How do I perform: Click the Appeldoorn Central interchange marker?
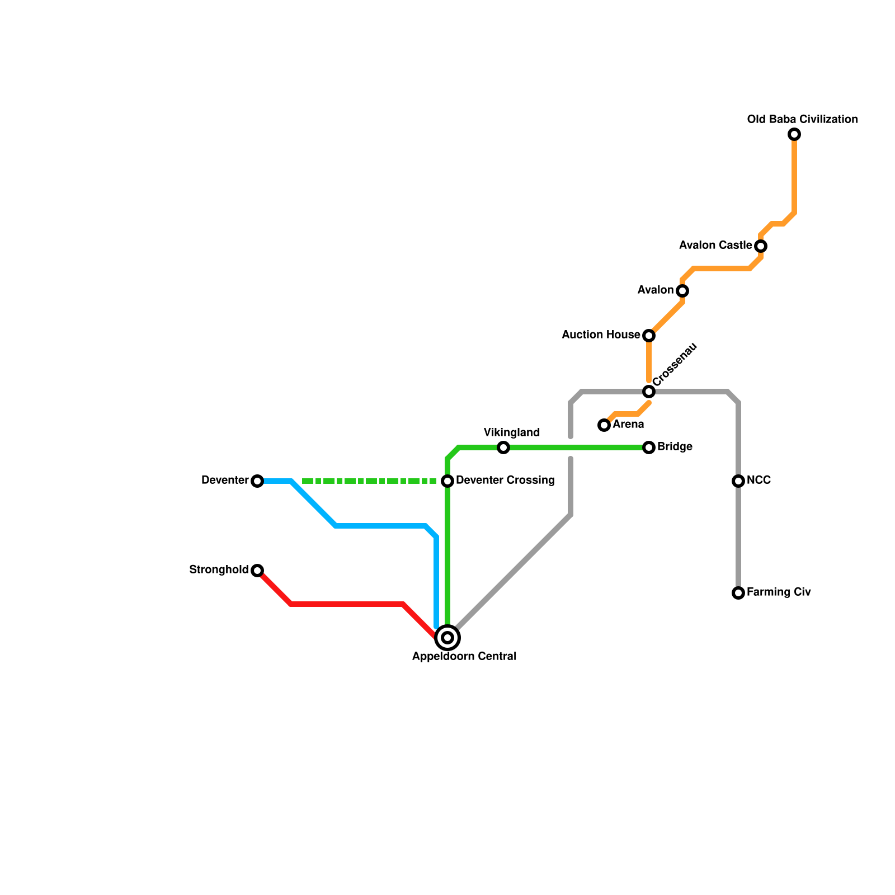tap(447, 638)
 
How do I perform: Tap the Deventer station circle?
tap(257, 481)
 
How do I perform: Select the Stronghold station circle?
tap(257, 571)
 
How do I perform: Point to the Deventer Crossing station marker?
tap(447, 481)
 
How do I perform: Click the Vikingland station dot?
tap(503, 447)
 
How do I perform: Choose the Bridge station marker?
tap(649, 447)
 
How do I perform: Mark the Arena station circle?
tap(604, 425)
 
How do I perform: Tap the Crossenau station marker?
tap(649, 392)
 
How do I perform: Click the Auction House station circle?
tap(649, 336)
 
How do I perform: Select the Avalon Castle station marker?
tap(761, 246)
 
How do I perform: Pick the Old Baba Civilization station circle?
tap(794, 134)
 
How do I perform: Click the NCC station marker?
tap(738, 481)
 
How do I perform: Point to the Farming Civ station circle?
tap(738, 593)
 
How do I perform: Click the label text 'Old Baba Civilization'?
tap(802, 119)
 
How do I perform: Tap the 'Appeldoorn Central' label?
tap(464, 656)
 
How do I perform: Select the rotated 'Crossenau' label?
tap(675, 364)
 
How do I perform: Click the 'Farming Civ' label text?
tap(779, 592)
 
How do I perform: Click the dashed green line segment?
tap(369, 481)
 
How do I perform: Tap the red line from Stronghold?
tap(347, 604)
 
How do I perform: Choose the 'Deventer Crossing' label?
tap(505, 481)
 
